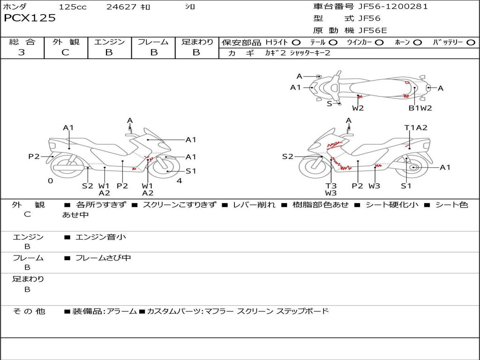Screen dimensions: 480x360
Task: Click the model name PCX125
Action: point(30,18)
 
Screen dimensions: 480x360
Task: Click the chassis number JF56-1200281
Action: point(393,7)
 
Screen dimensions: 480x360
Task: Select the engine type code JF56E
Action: point(373,30)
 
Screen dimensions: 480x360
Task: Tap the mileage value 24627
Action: point(121,7)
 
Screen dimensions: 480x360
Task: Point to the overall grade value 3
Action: point(22,52)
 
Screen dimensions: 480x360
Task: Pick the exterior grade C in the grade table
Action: point(65,52)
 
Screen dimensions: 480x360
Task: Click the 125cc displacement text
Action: point(73,7)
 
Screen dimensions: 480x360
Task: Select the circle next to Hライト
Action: point(296,43)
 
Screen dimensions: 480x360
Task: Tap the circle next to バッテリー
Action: point(471,43)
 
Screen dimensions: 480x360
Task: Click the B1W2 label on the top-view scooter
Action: point(420,108)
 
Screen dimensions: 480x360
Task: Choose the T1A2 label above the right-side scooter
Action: point(416,127)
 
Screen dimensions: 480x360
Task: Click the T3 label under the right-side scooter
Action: point(331,186)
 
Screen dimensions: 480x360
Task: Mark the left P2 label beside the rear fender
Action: point(34,157)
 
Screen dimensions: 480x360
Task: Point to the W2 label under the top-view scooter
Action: point(358,108)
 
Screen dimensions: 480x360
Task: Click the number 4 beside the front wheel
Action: point(180,180)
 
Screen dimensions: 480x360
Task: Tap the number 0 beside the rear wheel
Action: point(51,180)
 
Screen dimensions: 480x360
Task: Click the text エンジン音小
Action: point(101,237)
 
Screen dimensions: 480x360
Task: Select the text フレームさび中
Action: point(103,258)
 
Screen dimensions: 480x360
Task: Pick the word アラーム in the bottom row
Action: point(122,311)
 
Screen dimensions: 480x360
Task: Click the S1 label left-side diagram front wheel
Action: point(191,171)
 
